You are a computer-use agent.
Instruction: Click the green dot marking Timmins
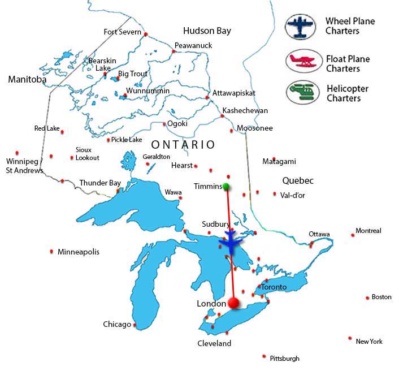pyautogui.click(x=226, y=186)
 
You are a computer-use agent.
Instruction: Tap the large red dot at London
pyautogui.click(x=233, y=304)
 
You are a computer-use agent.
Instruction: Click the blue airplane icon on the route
pyautogui.click(x=232, y=241)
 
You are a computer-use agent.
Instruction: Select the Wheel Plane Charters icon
pyautogui.click(x=300, y=27)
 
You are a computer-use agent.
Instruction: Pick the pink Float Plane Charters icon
pyautogui.click(x=300, y=61)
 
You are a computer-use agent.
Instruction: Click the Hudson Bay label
pyautogui.click(x=207, y=31)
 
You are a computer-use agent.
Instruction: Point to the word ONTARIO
pyautogui.click(x=183, y=145)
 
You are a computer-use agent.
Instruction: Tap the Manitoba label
pyautogui.click(x=27, y=80)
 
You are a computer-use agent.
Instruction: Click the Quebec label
pyautogui.click(x=298, y=181)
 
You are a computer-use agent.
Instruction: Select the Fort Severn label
pyautogui.click(x=122, y=32)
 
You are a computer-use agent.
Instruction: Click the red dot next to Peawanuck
pyautogui.click(x=174, y=51)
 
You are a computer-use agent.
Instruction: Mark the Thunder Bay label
pyautogui.click(x=100, y=183)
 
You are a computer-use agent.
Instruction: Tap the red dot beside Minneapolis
pyautogui.click(x=52, y=251)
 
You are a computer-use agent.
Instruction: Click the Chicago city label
pyautogui.click(x=117, y=325)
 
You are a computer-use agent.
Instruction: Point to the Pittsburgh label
pyautogui.click(x=285, y=358)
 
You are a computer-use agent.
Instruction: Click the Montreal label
pyautogui.click(x=368, y=231)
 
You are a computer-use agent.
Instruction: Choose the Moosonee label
pyautogui.click(x=255, y=128)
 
